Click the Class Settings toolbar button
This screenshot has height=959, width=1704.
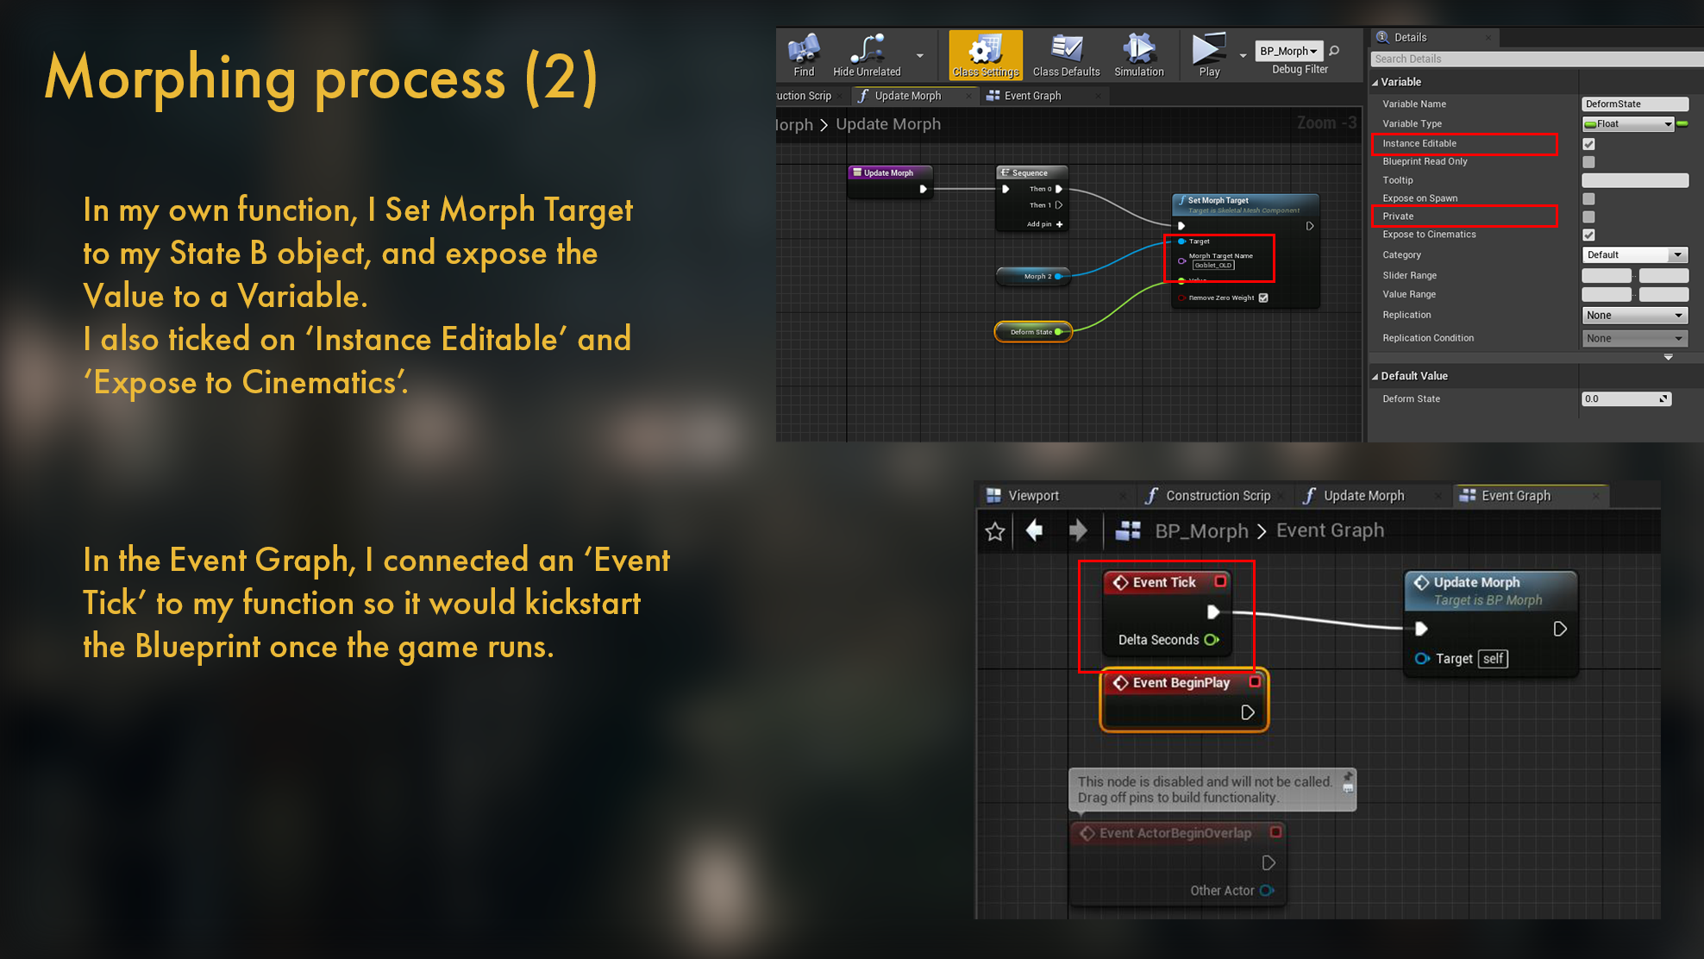(985, 55)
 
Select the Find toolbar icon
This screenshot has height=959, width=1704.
(804, 55)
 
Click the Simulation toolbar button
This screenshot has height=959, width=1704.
(1138, 55)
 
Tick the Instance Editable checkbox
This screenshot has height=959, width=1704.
(1588, 144)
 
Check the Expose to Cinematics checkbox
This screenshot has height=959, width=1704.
(1588, 235)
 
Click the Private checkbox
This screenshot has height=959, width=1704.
(1588, 216)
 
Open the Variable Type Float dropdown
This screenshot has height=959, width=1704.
(1628, 124)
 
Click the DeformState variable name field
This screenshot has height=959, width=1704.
(1634, 104)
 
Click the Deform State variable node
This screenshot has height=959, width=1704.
(1032, 332)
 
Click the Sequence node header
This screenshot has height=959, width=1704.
(1031, 173)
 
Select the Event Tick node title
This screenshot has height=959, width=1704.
(1164, 583)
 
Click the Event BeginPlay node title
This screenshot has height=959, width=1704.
(1181, 683)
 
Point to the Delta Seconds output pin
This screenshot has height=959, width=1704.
(1212, 640)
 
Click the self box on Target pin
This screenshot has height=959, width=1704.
(1493, 659)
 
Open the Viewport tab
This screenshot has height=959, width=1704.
(1033, 496)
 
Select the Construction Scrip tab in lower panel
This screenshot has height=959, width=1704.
(1217, 496)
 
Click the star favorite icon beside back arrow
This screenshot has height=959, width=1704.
(995, 531)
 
